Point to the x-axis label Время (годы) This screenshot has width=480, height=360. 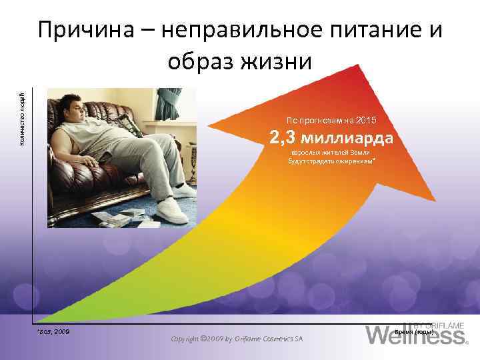pos(415,331)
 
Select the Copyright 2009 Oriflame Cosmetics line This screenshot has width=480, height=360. pos(236,339)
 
